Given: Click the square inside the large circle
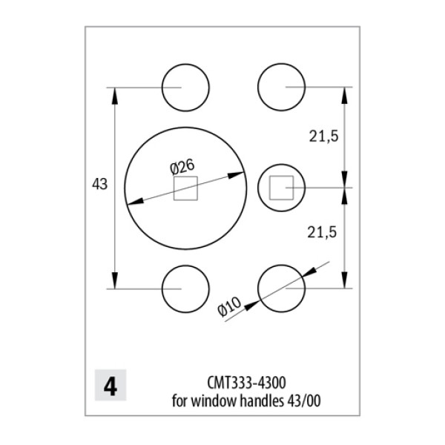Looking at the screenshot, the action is point(174,188).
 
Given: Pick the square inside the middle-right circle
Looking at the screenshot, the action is point(270,188).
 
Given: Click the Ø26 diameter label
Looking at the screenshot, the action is point(182,167).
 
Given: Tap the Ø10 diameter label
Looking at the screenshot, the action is point(229,306).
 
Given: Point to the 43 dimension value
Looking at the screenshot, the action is point(100,185).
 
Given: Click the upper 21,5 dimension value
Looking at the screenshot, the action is point(323,136).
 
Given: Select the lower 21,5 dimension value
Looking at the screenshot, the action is point(322,232).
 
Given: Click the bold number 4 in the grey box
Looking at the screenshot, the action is point(111,386).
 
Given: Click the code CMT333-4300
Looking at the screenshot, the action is point(246,383).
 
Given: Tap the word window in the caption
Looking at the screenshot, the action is point(214,401).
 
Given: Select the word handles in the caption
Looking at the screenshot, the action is point(262,401).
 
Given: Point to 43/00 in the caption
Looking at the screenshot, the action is point(304,401).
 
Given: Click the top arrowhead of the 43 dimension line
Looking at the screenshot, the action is point(115,96).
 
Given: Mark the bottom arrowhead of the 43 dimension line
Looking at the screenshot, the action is point(115,280).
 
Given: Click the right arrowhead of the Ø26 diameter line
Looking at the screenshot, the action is point(236,175).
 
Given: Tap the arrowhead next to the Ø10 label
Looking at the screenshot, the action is point(251,306).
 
